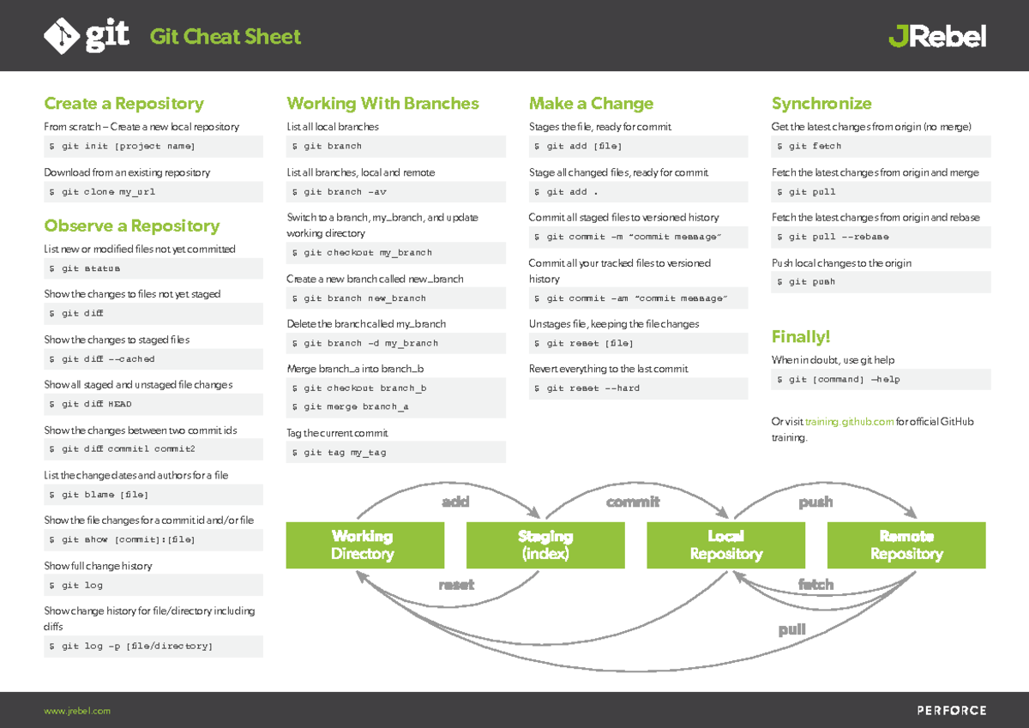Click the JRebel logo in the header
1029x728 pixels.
coord(936,36)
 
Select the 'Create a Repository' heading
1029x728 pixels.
coord(123,104)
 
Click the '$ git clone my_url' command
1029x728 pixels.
coord(103,192)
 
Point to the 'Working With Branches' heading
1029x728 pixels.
coord(382,104)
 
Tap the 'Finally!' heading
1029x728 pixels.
coord(801,336)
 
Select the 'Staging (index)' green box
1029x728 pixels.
coord(545,545)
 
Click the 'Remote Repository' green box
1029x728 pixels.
coord(906,545)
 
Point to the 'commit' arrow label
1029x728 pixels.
coord(633,502)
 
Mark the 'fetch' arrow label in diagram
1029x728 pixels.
coord(815,584)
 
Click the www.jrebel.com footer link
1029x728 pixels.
coord(77,711)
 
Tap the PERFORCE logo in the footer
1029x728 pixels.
coord(952,711)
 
